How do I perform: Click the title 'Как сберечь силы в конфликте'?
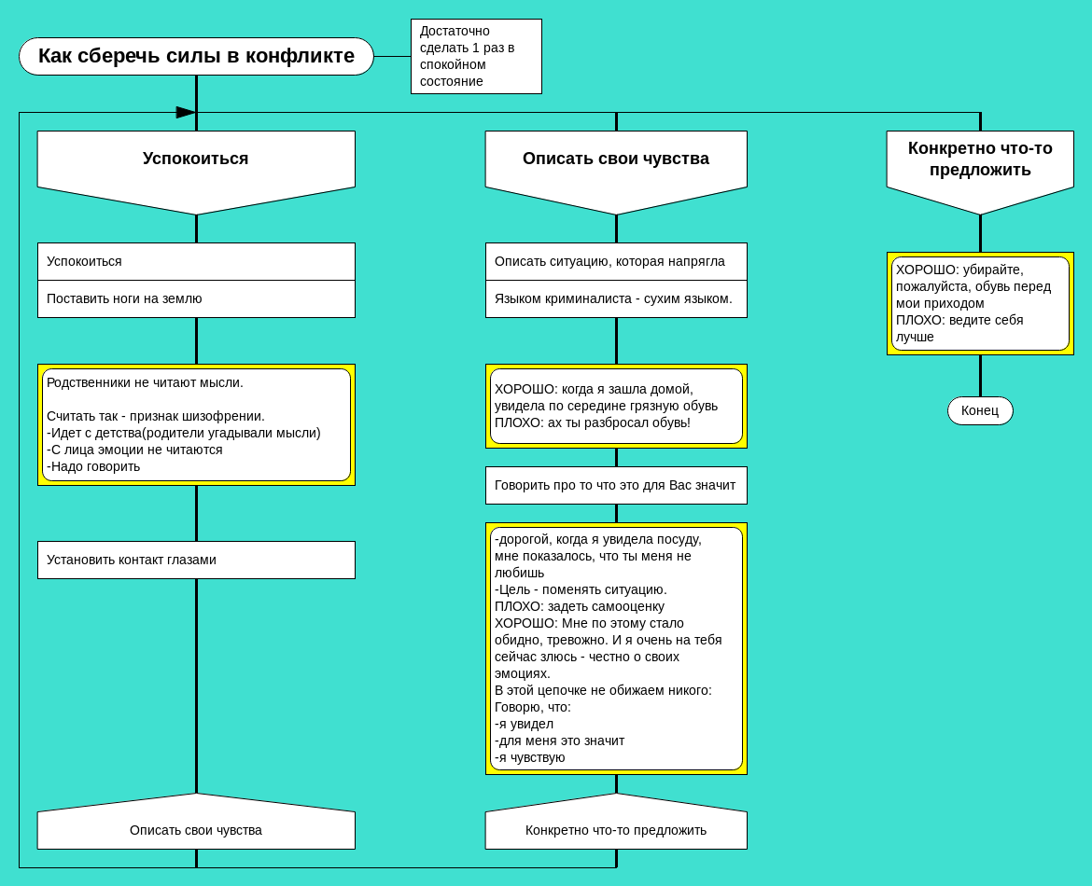(196, 56)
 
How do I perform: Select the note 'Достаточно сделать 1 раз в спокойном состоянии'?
(476, 56)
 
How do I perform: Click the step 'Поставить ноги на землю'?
(196, 298)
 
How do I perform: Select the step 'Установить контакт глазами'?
(196, 560)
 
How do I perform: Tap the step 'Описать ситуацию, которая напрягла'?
(616, 261)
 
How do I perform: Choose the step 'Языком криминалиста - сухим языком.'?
(616, 298)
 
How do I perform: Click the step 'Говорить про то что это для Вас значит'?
(616, 485)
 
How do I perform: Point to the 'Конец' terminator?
(980, 410)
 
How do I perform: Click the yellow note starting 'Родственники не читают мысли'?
(196, 424)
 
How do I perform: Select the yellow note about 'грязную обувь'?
(616, 406)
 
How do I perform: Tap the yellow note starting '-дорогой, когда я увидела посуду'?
(616, 648)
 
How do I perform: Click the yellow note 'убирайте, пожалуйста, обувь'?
(980, 303)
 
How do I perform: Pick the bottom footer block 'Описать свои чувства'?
(196, 828)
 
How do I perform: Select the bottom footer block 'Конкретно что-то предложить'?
(616, 828)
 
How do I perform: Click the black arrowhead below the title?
(186, 112)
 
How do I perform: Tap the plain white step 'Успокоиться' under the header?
(196, 261)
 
